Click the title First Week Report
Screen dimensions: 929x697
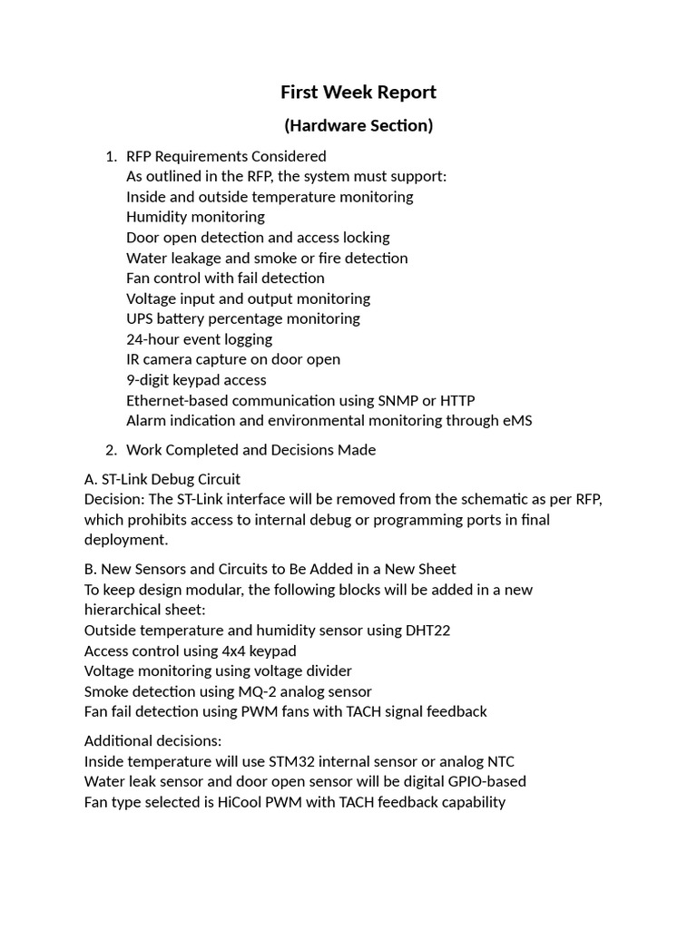tap(358, 92)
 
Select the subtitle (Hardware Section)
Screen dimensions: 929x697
tap(358, 125)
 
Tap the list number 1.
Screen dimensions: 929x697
tap(110, 156)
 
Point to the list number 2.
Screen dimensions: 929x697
tap(110, 450)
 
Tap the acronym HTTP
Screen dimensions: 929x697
tap(456, 400)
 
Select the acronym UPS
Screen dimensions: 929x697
tap(141, 318)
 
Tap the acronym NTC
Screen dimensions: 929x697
tap(499, 761)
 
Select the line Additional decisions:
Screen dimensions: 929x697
tap(146, 740)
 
